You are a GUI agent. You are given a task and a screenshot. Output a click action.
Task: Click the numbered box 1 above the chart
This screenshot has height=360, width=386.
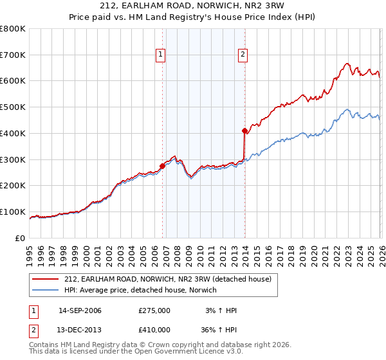[x=160, y=55]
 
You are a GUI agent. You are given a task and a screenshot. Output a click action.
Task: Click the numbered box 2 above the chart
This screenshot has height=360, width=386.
[x=243, y=55]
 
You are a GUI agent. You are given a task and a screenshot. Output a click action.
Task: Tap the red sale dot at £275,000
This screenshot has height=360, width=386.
[x=162, y=166]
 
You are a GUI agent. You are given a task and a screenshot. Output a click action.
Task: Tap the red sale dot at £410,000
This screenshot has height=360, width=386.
[x=245, y=130]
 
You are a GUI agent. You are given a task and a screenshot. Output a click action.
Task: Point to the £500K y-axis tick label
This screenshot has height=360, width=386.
[x=13, y=107]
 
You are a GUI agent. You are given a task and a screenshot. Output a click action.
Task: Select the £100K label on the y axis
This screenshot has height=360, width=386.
[x=13, y=212]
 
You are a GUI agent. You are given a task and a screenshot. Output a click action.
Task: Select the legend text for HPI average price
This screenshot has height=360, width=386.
[x=140, y=290]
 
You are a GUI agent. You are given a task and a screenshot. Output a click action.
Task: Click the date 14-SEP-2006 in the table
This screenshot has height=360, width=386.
[x=80, y=310]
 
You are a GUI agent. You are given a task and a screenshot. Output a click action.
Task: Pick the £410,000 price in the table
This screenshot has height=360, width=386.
[x=154, y=329]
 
